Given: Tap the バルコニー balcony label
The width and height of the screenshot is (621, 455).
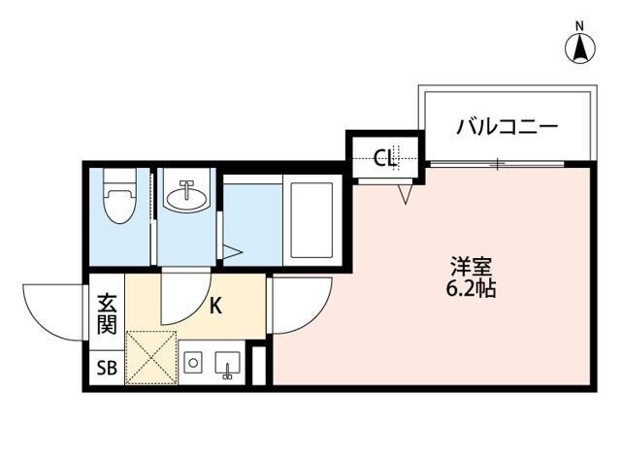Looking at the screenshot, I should coord(507,126).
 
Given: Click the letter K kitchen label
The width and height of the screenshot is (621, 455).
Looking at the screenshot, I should coord(216,307).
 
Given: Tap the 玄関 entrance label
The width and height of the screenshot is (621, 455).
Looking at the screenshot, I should coord(108,314).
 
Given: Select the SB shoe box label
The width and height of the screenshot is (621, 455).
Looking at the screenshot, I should coord(105,368).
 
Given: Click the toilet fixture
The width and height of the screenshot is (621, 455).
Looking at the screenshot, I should coord(120,198).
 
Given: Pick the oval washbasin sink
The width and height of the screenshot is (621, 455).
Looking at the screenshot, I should coord(186,197).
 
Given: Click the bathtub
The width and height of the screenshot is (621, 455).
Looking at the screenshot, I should coord(310,218).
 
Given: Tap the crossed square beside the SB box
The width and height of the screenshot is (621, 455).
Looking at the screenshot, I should coord(149,357).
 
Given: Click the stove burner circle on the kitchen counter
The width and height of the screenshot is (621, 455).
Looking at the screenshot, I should coord(192,364).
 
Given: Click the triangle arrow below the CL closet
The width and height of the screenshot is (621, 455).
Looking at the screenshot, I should coord(406,194).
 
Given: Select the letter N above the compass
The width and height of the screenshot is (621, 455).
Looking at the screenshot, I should coord(579,24).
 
